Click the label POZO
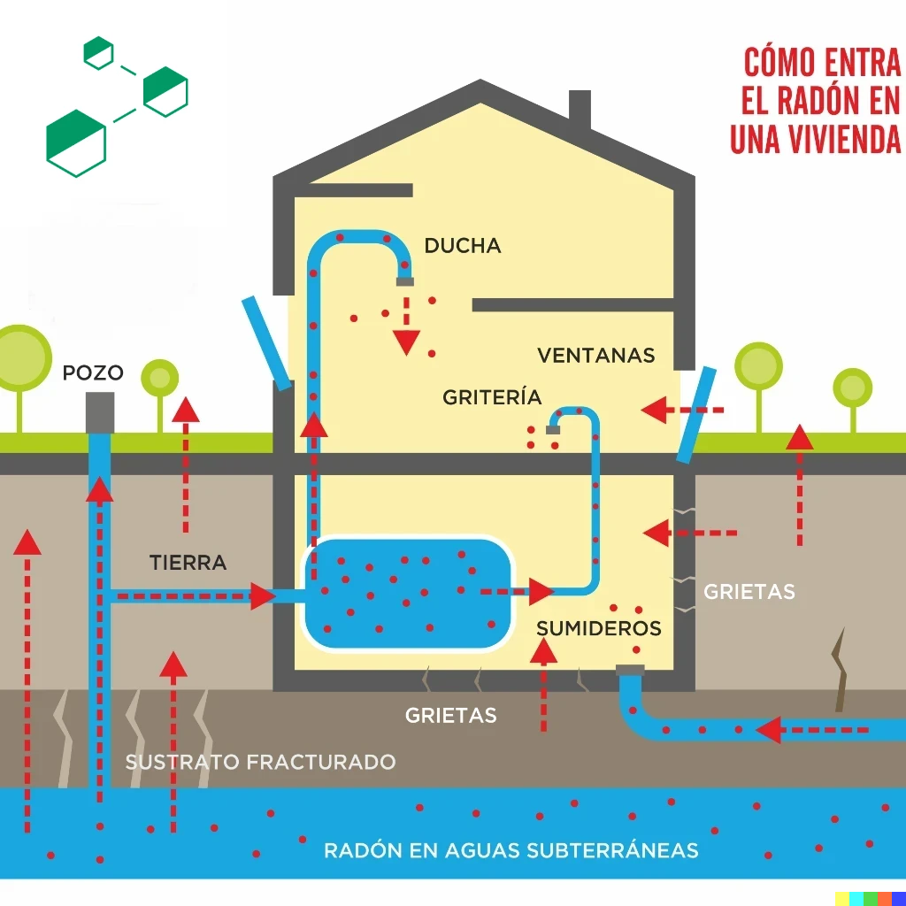92,372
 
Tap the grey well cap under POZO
100,412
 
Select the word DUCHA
462,246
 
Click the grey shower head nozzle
405,281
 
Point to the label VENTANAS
595,356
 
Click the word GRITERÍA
492,397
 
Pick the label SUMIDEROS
599,628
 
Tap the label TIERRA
188,562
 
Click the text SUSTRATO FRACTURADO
260,762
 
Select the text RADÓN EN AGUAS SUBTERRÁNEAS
511,850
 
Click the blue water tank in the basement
409,593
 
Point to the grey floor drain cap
630,670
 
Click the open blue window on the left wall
266,342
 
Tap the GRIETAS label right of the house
749,591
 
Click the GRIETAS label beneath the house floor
450,715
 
